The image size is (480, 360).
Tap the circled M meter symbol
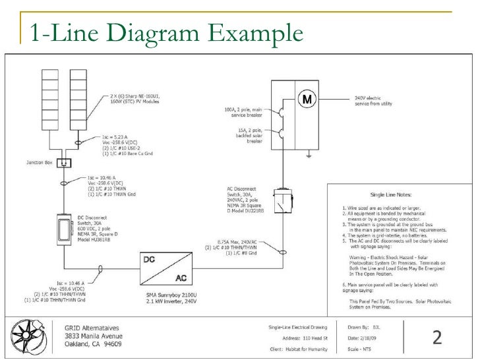pyautogui.click(x=306, y=100)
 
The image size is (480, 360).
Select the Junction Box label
pyautogui.click(x=40, y=162)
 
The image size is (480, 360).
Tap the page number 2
pyautogui.click(x=436, y=338)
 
